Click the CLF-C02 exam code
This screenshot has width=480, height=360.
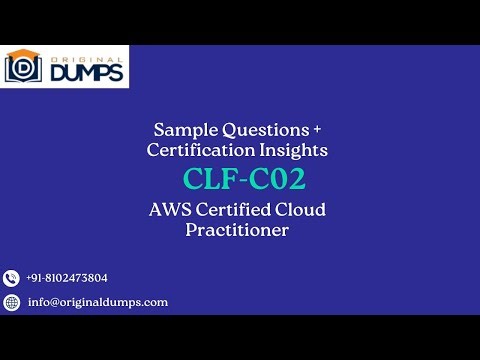pyautogui.click(x=243, y=179)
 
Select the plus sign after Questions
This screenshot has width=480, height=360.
pyautogui.click(x=318, y=130)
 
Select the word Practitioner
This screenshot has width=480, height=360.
pyautogui.click(x=237, y=230)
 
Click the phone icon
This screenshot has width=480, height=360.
pyautogui.click(x=12, y=278)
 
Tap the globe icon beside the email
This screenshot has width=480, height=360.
pyautogui.click(x=12, y=302)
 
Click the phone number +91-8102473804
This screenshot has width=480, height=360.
pyautogui.click(x=67, y=278)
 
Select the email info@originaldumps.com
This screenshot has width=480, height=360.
pyautogui.click(x=97, y=302)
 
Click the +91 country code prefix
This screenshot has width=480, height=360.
pyautogui.click(x=35, y=278)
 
